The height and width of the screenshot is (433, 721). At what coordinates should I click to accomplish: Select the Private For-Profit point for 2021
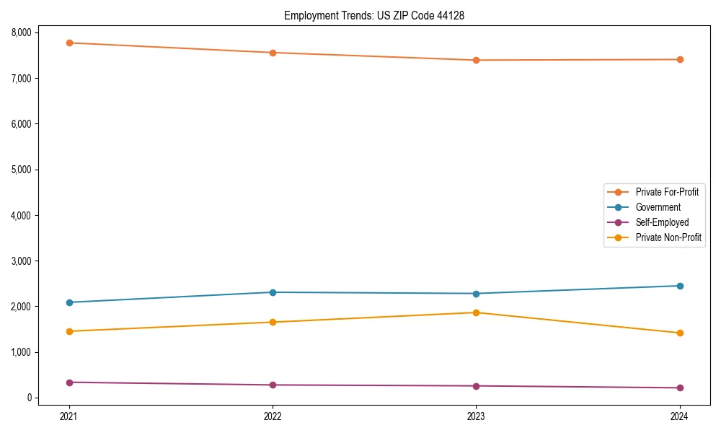click(69, 43)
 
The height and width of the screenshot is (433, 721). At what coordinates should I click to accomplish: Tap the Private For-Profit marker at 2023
click(476, 60)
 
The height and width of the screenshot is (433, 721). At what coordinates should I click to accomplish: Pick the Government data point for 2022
click(273, 292)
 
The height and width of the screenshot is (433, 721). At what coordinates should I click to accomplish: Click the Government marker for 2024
click(679, 286)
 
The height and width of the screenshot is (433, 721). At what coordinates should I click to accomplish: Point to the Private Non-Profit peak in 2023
click(476, 312)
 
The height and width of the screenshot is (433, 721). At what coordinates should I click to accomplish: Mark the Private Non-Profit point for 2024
click(679, 333)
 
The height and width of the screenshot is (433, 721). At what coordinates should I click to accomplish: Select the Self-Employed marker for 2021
click(69, 382)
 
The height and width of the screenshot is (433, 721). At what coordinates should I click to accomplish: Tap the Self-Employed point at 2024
click(679, 388)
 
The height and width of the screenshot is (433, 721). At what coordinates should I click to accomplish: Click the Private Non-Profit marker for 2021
click(69, 331)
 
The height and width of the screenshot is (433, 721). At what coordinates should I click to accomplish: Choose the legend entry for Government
click(658, 207)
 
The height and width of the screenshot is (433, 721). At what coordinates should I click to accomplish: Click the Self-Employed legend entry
click(662, 222)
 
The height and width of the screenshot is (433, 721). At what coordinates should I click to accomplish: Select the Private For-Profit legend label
click(667, 192)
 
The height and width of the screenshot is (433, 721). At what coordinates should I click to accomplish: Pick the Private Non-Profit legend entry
click(668, 237)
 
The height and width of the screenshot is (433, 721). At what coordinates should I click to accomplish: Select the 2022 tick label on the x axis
click(273, 416)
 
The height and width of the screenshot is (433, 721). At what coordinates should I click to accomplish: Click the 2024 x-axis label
click(679, 416)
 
